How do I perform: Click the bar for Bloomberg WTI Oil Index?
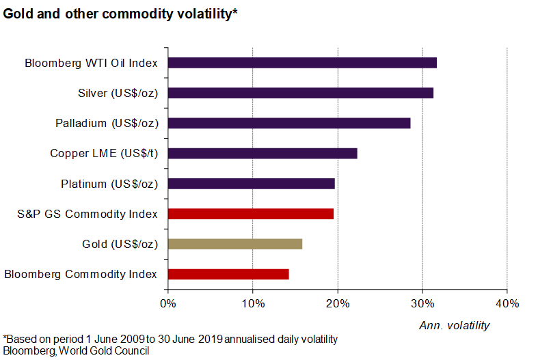(302, 63)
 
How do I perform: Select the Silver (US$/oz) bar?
(300, 93)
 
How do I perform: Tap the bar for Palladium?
(289, 123)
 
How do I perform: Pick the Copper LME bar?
(263, 153)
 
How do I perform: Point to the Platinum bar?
(251, 183)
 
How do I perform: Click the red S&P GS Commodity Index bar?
(250, 214)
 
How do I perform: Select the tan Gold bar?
(234, 244)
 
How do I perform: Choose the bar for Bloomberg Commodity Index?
(228, 274)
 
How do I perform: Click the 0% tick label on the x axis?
(168, 303)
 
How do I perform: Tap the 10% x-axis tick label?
(253, 303)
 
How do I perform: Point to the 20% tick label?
(338, 303)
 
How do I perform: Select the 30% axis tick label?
(422, 303)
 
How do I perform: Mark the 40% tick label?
(507, 303)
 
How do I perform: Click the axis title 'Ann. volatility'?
(454, 326)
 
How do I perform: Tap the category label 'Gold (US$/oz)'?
(120, 245)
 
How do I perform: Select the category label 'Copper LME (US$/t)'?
(104, 154)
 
